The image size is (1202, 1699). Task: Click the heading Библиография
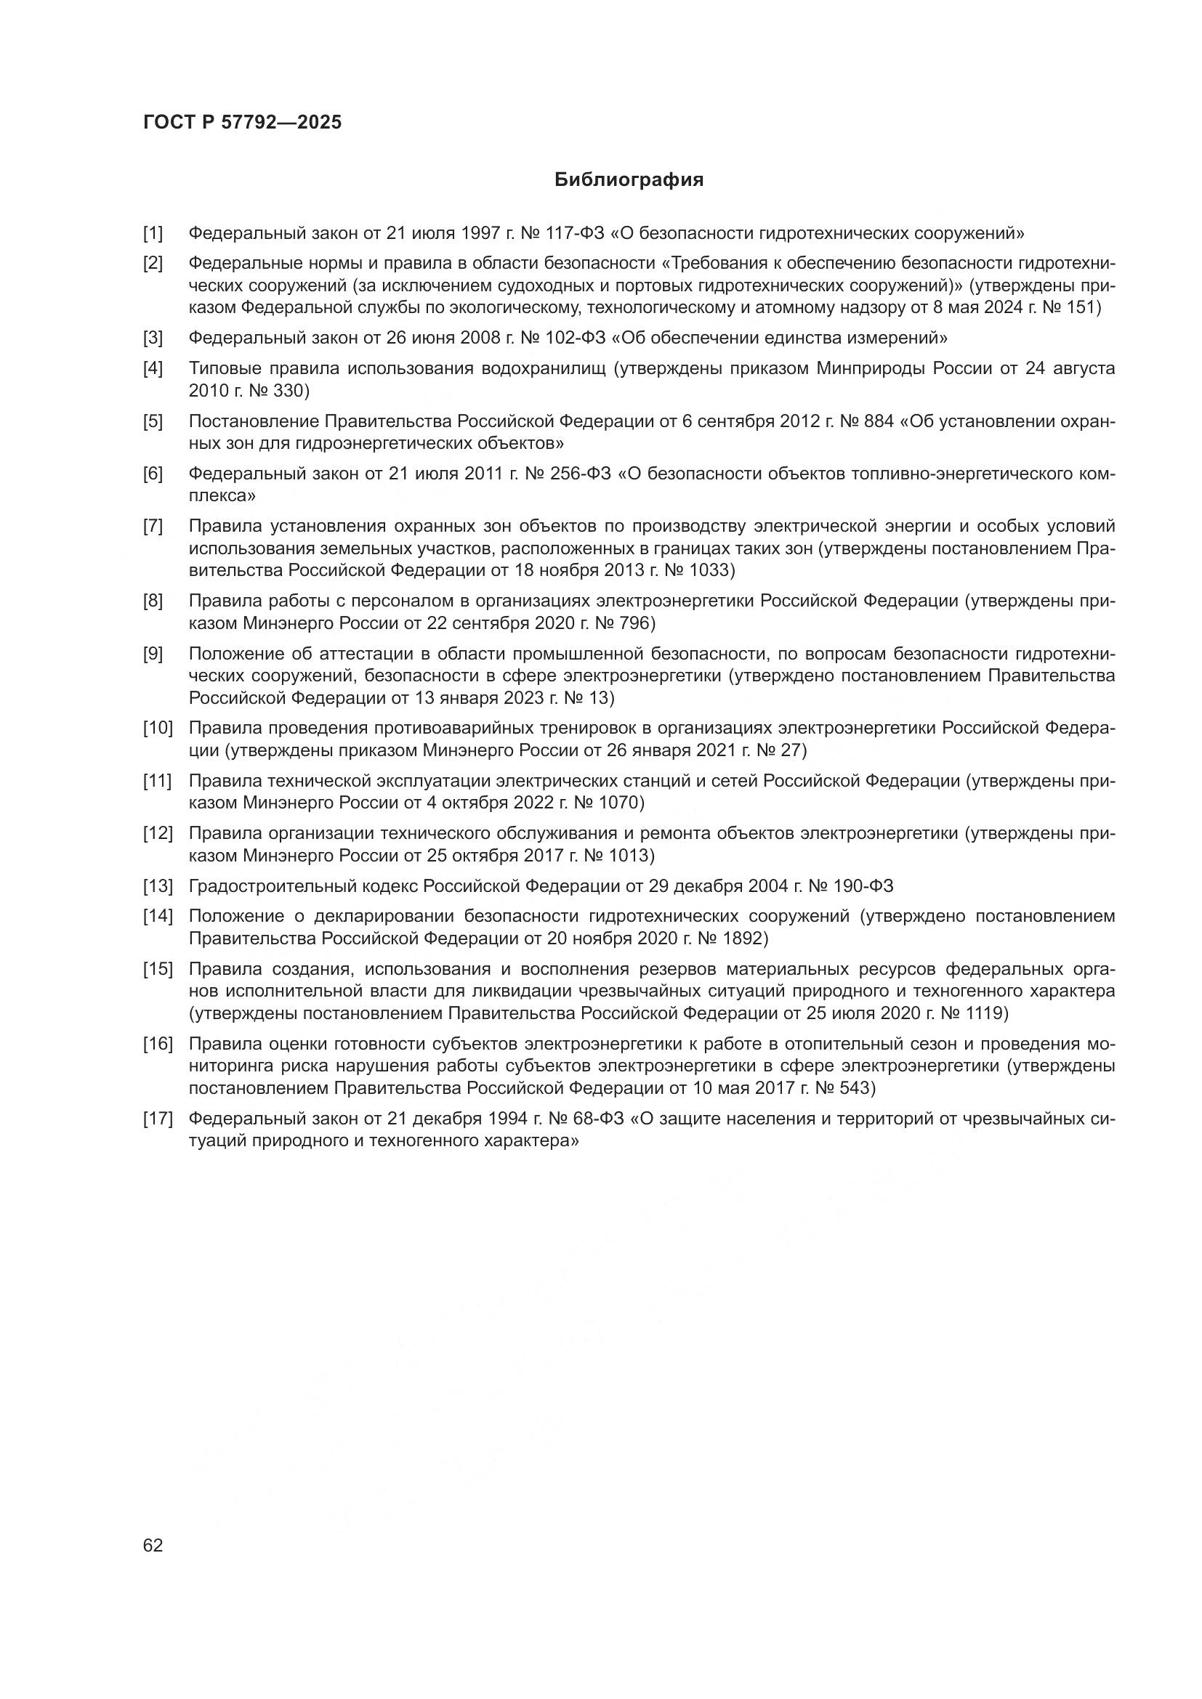(629, 180)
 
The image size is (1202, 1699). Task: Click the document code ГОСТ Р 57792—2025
(242, 123)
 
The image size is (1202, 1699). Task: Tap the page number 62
(153, 1544)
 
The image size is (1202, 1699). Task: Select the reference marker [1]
(153, 234)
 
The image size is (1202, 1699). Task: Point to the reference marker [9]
(153, 654)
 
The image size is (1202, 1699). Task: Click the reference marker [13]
(158, 885)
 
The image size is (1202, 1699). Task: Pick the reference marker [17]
(158, 1118)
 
